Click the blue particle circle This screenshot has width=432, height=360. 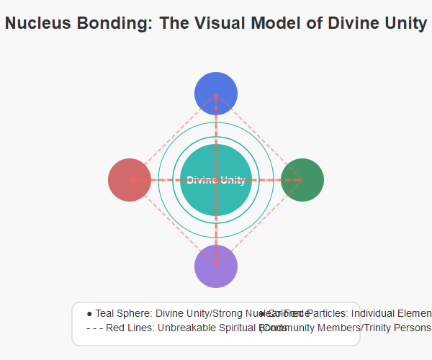216,93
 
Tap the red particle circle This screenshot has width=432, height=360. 130,179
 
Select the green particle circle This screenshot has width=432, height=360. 302,179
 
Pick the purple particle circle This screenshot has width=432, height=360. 216,266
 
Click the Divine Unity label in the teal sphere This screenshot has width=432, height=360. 216,180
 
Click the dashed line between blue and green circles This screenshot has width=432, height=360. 259,136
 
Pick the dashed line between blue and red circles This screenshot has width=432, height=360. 173,136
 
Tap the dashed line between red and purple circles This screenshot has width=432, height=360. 173,222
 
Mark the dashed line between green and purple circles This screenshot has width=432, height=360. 259,222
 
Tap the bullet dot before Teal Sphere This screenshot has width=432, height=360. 89,314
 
